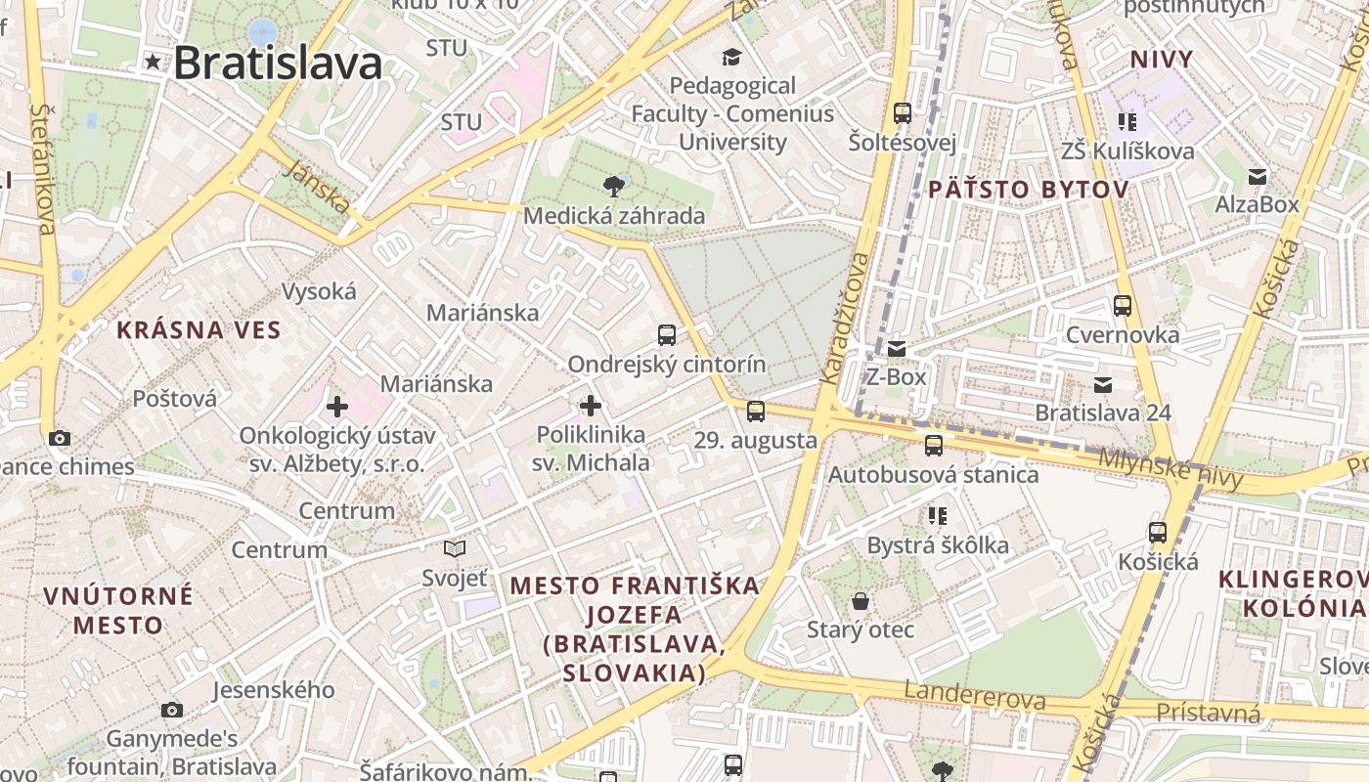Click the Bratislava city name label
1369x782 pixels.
coord(277,64)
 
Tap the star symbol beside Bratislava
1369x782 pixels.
coord(153,62)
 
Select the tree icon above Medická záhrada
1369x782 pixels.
coord(614,185)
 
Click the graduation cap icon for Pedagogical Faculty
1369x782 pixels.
coord(731,56)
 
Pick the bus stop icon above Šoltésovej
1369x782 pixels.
coord(902,112)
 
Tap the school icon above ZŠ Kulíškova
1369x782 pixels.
coord(1127,121)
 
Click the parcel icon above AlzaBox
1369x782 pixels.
coord(1258,177)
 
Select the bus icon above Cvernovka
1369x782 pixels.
coord(1123,306)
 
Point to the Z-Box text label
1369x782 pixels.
coord(897,376)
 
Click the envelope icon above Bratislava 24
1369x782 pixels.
coord(1103,385)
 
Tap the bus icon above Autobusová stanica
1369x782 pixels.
coord(934,446)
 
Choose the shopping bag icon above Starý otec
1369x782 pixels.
coord(861,600)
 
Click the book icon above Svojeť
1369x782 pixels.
coord(455,548)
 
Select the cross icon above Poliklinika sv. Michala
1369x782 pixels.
coord(591,405)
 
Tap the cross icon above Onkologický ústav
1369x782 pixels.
coord(336,406)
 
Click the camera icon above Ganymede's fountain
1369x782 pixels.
coord(172,710)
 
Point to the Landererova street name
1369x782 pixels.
coord(974,696)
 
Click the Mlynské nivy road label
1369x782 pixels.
coord(1170,468)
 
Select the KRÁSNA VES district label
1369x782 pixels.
coord(199,330)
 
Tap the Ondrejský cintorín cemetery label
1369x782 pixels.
coord(667,365)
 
